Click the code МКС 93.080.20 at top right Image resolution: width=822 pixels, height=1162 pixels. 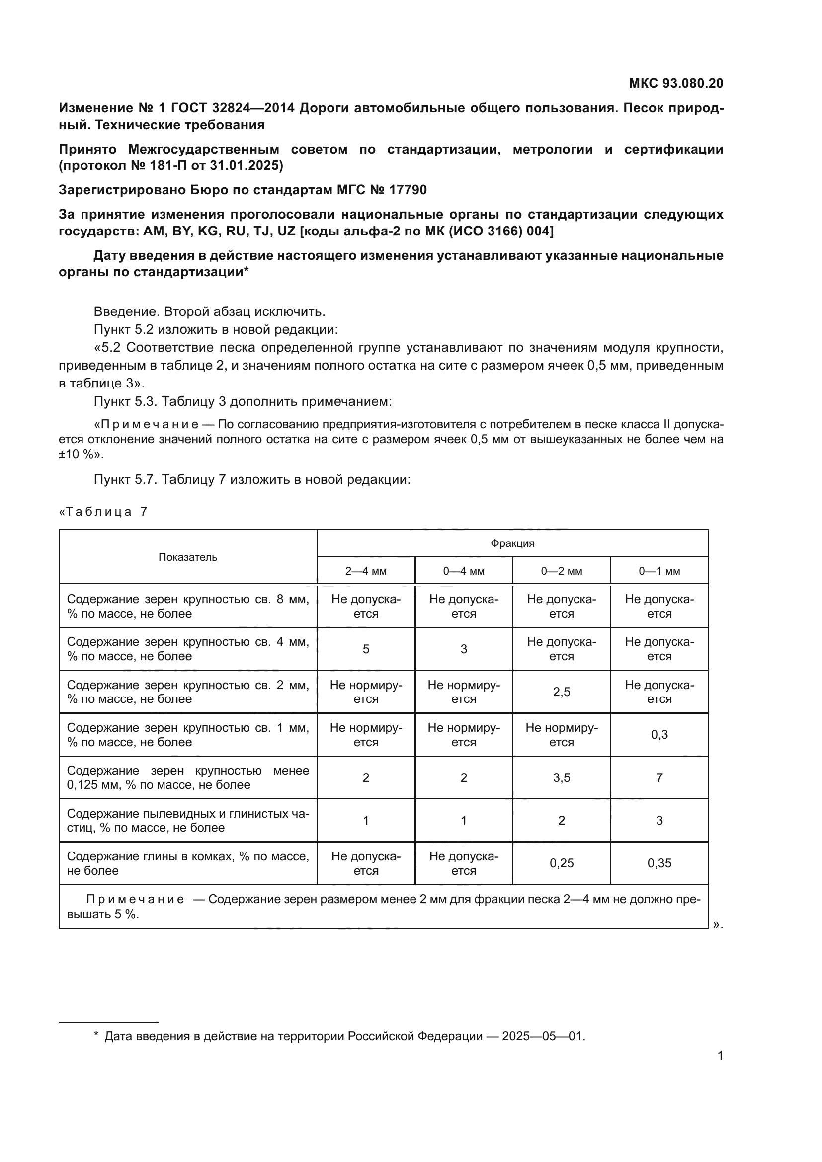coord(676,83)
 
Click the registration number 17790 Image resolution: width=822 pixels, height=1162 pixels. coord(408,190)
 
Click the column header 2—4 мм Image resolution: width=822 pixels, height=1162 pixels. coord(365,571)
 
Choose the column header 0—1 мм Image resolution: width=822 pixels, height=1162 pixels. coord(659,571)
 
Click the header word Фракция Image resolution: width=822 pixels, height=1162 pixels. coord(512,543)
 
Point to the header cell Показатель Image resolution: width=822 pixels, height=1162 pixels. coord(188,557)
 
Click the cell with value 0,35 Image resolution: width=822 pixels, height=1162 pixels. coord(659,863)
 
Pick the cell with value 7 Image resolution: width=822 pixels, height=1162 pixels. coord(659,778)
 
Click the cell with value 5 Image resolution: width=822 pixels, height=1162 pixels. coord(365,649)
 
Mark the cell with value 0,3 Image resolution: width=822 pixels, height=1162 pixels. coord(659,735)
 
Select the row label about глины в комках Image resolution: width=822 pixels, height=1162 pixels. coord(188,863)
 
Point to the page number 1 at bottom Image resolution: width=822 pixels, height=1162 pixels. coord(720,1056)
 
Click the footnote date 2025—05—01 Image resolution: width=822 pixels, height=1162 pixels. coord(542,1032)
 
